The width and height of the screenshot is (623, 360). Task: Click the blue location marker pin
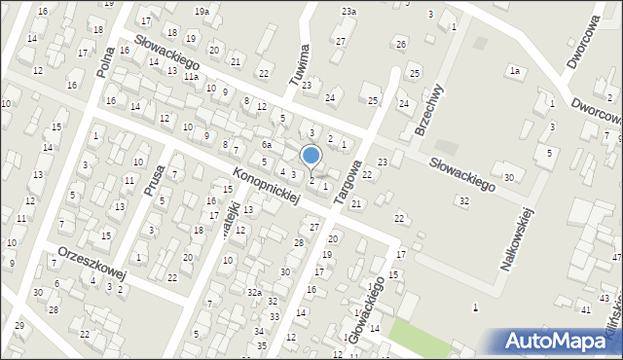coord(311,156)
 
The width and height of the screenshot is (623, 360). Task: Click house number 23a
coord(348,11)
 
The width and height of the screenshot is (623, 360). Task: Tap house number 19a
coord(201,11)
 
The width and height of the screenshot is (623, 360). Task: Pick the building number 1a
coord(515,71)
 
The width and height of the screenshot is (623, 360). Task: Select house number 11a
coord(192,76)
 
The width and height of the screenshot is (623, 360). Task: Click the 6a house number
coord(266,144)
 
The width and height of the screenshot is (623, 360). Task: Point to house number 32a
coord(254,292)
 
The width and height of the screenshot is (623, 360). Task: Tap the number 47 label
coord(616,257)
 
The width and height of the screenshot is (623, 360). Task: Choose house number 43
coord(605,298)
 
